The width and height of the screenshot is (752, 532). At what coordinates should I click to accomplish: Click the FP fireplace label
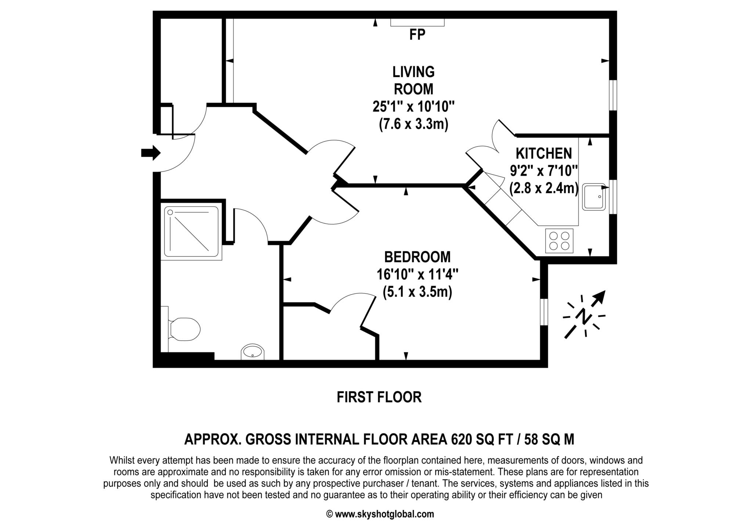coord(417,35)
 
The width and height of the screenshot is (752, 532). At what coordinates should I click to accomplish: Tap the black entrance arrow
coord(151,152)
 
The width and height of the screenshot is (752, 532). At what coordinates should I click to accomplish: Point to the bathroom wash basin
coord(252,352)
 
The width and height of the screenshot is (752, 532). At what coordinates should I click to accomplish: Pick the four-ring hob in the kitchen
coord(559,240)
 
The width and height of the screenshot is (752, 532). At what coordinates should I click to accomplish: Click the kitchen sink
coord(594,197)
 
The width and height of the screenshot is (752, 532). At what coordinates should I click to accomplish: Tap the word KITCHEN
coord(544,153)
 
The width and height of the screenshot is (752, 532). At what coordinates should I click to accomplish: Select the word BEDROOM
coord(417,257)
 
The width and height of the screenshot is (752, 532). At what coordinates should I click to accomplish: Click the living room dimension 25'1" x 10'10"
coord(413,107)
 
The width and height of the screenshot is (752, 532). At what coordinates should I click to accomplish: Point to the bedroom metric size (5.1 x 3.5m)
coord(417,292)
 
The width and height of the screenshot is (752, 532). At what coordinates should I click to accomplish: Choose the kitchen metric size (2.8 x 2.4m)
coord(544,188)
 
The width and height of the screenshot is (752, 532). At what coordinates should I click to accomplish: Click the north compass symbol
coord(584,314)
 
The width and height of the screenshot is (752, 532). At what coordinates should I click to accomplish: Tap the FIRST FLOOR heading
coord(379,397)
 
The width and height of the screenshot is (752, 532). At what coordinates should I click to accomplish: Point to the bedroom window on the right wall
coord(544,312)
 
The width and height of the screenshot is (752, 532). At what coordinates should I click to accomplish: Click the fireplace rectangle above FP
coord(417,22)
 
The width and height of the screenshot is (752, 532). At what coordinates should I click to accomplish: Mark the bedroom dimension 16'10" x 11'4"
coord(417,274)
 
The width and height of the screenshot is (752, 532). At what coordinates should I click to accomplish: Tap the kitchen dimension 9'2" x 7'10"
coord(544,171)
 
